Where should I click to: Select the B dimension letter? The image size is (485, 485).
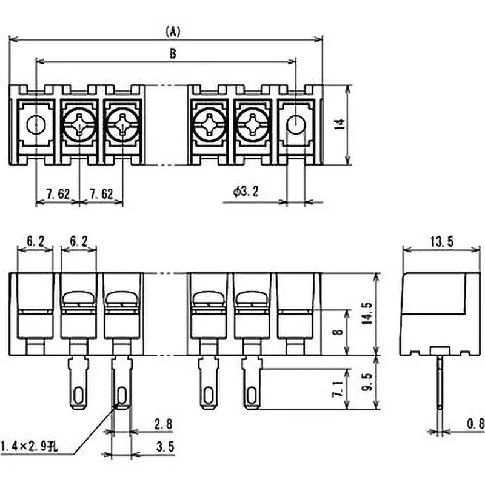coord(172,54)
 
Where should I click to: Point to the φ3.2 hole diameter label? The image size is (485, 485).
coord(246,192)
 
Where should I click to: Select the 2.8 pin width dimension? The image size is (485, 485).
coord(162,423)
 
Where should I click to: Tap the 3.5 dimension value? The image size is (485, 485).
coord(162,447)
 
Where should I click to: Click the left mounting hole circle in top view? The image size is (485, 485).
coord(36,124)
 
